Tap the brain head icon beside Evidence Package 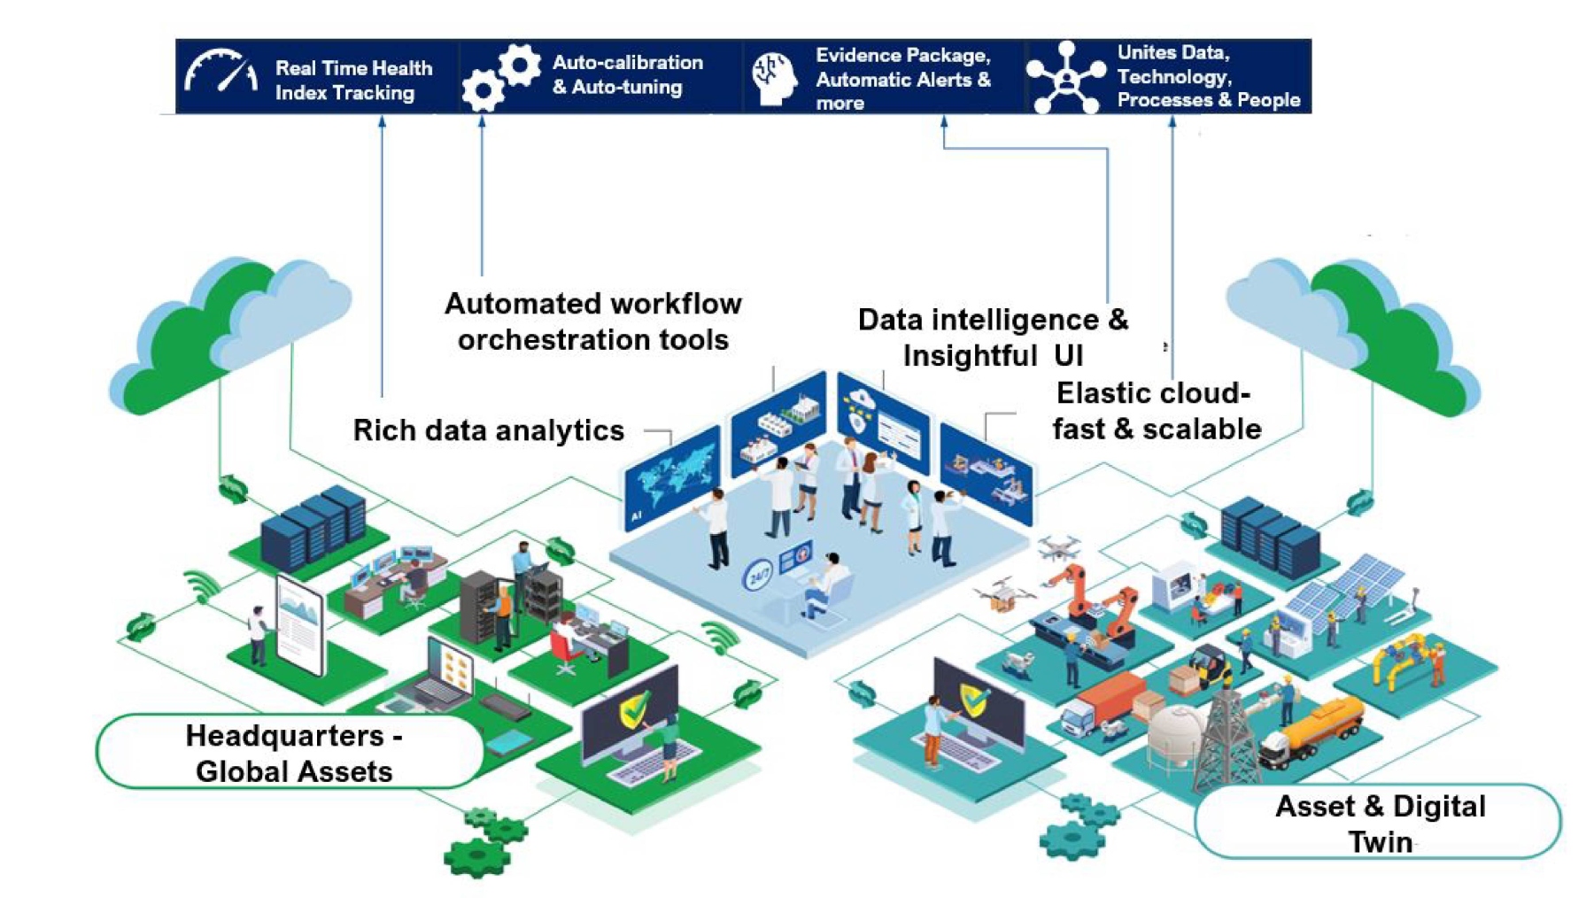tap(773, 78)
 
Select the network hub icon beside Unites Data tap(1065, 78)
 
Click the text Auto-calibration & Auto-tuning tap(627, 74)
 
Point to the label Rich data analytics tap(488, 430)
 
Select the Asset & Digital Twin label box tap(1379, 822)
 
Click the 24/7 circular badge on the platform tap(758, 577)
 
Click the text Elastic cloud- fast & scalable tap(1156, 411)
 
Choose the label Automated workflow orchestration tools tap(592, 321)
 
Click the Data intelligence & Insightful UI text tap(993, 337)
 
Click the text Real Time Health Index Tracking tap(353, 80)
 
